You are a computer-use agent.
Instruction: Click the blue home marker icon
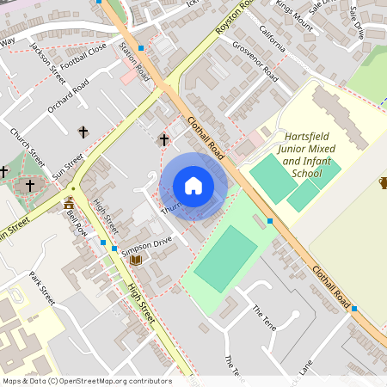(x=193, y=186)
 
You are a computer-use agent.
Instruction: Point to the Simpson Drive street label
(x=148, y=245)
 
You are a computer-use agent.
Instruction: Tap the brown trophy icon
(x=383, y=182)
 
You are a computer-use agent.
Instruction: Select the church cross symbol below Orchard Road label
(x=83, y=132)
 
